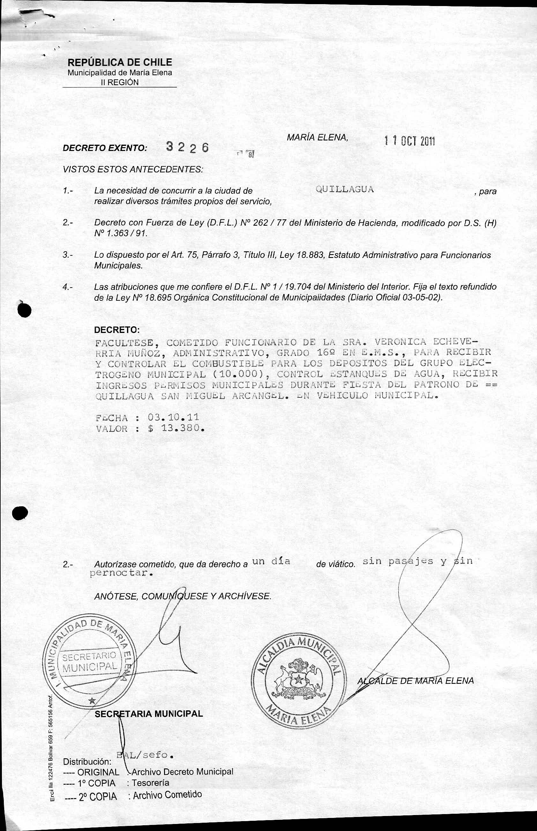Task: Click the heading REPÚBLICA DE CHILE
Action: coord(120,63)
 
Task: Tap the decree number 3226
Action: coord(187,147)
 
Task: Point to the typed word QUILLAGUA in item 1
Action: coord(345,189)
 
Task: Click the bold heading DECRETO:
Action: coord(117,330)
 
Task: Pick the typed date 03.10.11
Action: coord(173,417)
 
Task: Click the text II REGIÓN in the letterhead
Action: coord(120,82)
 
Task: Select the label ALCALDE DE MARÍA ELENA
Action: coord(416,681)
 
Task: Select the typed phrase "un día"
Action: coord(271,561)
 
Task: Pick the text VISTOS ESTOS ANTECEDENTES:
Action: coord(133,170)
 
